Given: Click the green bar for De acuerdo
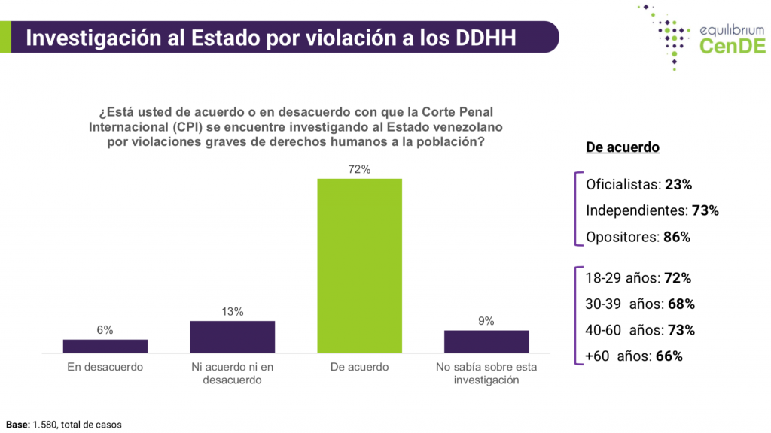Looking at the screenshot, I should click(x=359, y=265).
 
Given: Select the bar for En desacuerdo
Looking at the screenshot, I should click(x=105, y=346).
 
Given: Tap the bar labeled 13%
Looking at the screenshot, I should click(x=232, y=337).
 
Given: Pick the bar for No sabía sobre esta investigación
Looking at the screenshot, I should click(x=486, y=341).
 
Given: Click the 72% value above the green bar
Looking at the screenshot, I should click(x=359, y=170).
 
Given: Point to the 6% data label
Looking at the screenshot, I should click(x=105, y=330).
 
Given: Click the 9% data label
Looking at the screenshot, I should click(x=486, y=321).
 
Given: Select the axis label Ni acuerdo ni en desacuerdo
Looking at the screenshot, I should click(x=232, y=374).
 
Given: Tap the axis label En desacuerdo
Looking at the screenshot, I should click(x=105, y=368).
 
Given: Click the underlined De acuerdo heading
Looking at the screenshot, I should click(x=623, y=147).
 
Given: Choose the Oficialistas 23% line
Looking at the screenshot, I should click(x=638, y=184).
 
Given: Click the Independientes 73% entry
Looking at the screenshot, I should click(x=652, y=210).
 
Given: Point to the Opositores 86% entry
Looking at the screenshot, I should click(x=638, y=237).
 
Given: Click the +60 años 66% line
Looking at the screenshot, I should click(x=634, y=356).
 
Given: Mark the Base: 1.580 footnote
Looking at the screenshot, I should click(x=63, y=425).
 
